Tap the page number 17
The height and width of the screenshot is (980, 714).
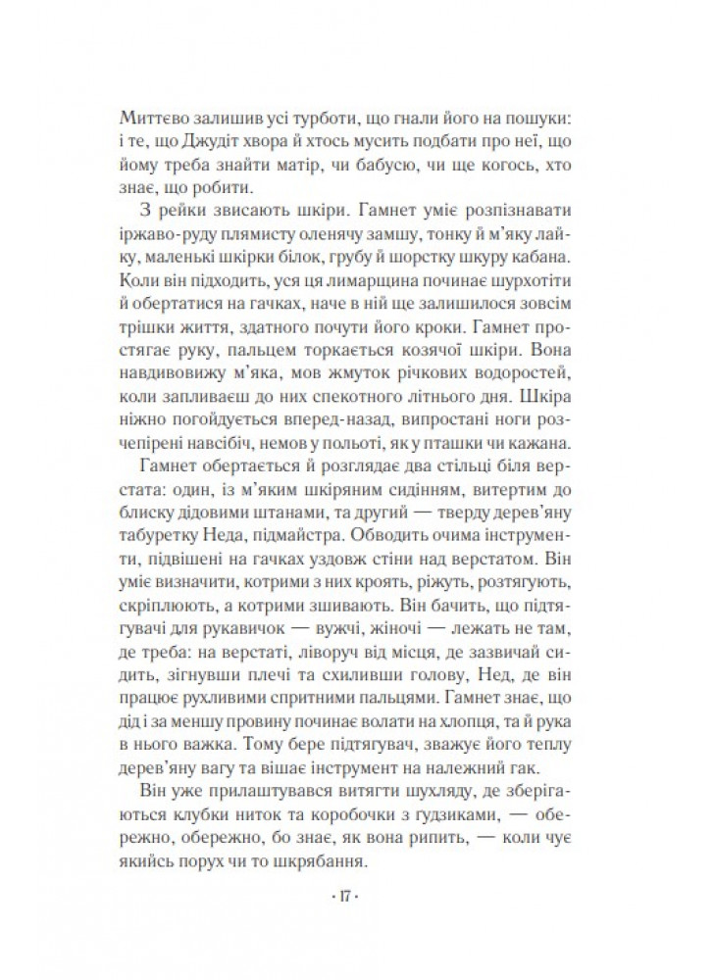tap(357, 897)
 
